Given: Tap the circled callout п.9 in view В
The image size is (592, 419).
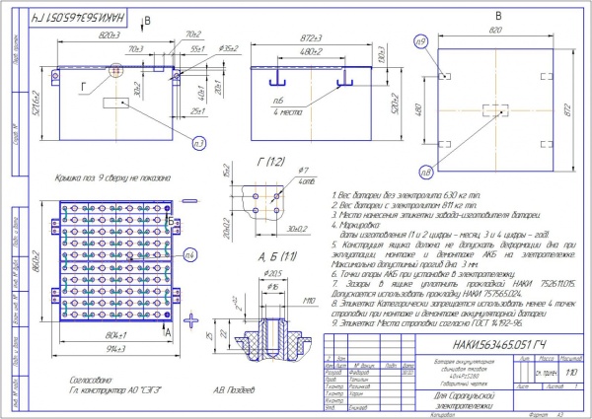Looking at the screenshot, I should (421, 42).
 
